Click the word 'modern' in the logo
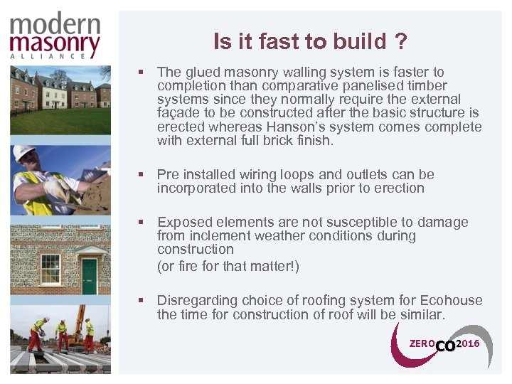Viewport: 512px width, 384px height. pos(55,26)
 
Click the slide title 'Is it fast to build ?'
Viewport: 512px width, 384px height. pos(311,42)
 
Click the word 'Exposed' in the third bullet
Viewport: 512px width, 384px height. pos(183,223)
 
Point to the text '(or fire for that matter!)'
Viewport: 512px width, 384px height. pos(228,267)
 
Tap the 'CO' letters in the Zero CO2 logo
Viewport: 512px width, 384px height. pos(444,346)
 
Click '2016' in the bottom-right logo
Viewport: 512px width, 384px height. pos(468,343)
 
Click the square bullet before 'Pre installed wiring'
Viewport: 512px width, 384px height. pos(143,175)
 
